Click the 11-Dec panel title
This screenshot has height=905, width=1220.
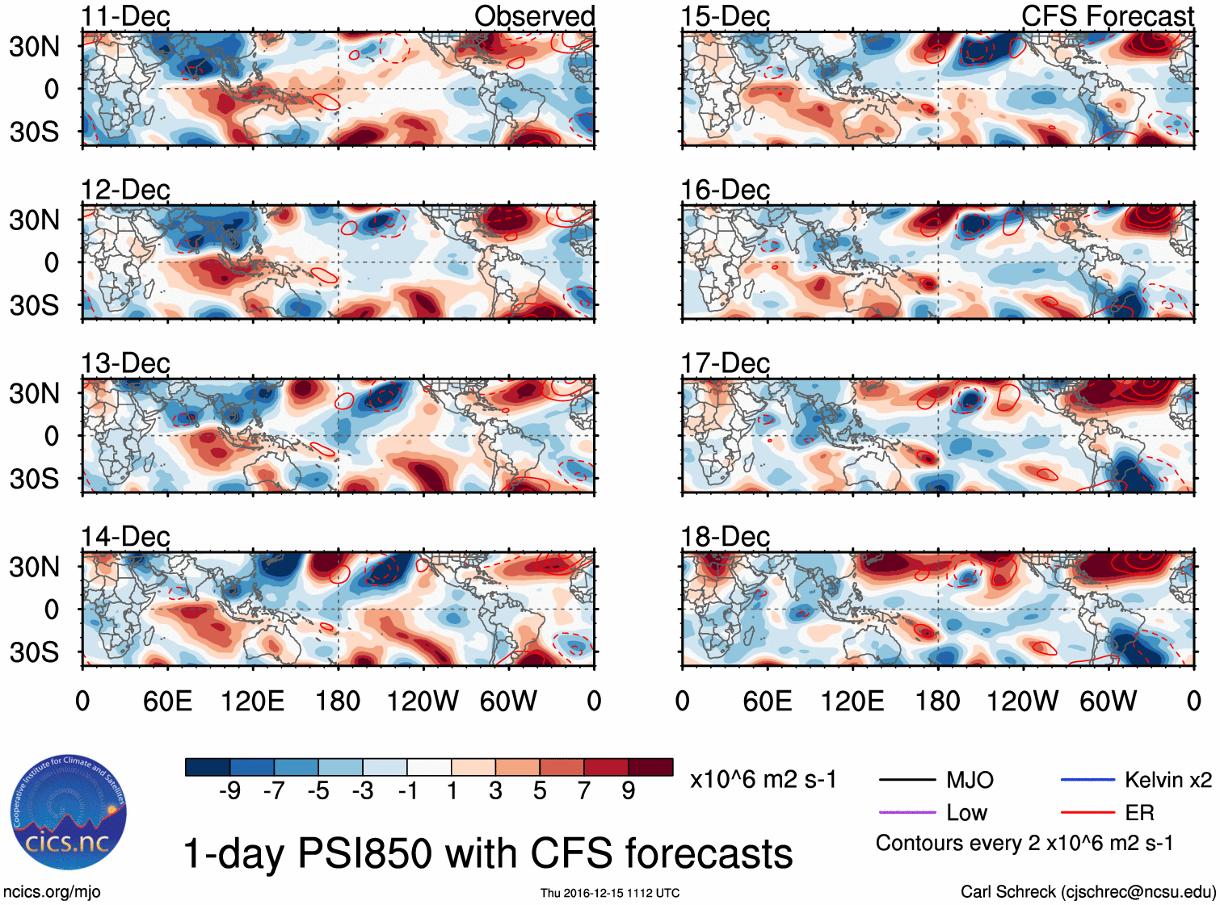125,16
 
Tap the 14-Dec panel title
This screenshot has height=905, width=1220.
125,536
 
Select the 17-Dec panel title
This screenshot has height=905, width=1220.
725,363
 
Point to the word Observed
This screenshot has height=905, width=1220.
534,16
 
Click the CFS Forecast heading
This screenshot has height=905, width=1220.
1107,16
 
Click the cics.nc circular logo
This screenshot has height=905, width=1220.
69,813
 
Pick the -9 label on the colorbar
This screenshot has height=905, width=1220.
229,790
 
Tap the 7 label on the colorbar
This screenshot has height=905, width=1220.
584,790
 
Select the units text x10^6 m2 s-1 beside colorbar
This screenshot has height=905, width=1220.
763,780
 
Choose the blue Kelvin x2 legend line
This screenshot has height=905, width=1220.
1087,780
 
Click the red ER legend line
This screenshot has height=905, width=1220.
1087,812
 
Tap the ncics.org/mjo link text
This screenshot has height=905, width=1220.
52,892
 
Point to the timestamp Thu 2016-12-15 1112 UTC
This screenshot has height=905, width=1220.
610,893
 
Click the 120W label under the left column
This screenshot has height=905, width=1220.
423,701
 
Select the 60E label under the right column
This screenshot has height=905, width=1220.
767,701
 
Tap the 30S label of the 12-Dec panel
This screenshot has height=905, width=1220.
34,305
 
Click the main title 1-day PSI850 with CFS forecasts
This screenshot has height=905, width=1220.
488,853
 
